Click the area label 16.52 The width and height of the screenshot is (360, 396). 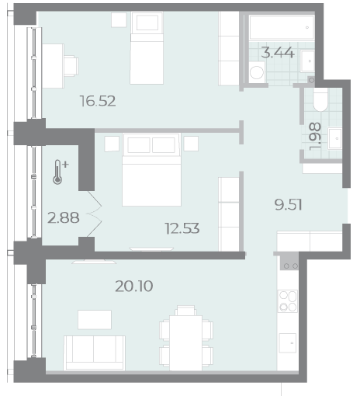pos(98,101)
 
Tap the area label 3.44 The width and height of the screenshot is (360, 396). pos(278,53)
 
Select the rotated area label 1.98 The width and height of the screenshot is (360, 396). pos(315,137)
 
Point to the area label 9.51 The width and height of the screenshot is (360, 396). pos(288,205)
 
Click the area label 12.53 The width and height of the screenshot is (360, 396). pos(182,228)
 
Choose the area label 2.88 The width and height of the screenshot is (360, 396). pos(64,218)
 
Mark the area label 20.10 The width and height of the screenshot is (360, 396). pos(134,287)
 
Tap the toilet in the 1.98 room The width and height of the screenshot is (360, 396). pos(320,101)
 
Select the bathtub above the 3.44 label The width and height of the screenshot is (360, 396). pos(282,27)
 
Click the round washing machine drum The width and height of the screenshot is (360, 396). pos(257,72)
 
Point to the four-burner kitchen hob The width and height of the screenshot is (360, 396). pos(288,301)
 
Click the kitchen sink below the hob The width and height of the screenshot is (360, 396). pos(288,343)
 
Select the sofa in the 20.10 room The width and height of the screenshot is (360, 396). pos(95,353)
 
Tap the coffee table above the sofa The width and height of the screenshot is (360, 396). pos(95,320)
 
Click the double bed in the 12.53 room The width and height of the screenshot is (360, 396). pos(151,170)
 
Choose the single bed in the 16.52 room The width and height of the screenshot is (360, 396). pos(147,48)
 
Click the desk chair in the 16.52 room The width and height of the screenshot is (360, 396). pos(71,66)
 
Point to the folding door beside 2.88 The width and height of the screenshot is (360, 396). pos(94,214)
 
